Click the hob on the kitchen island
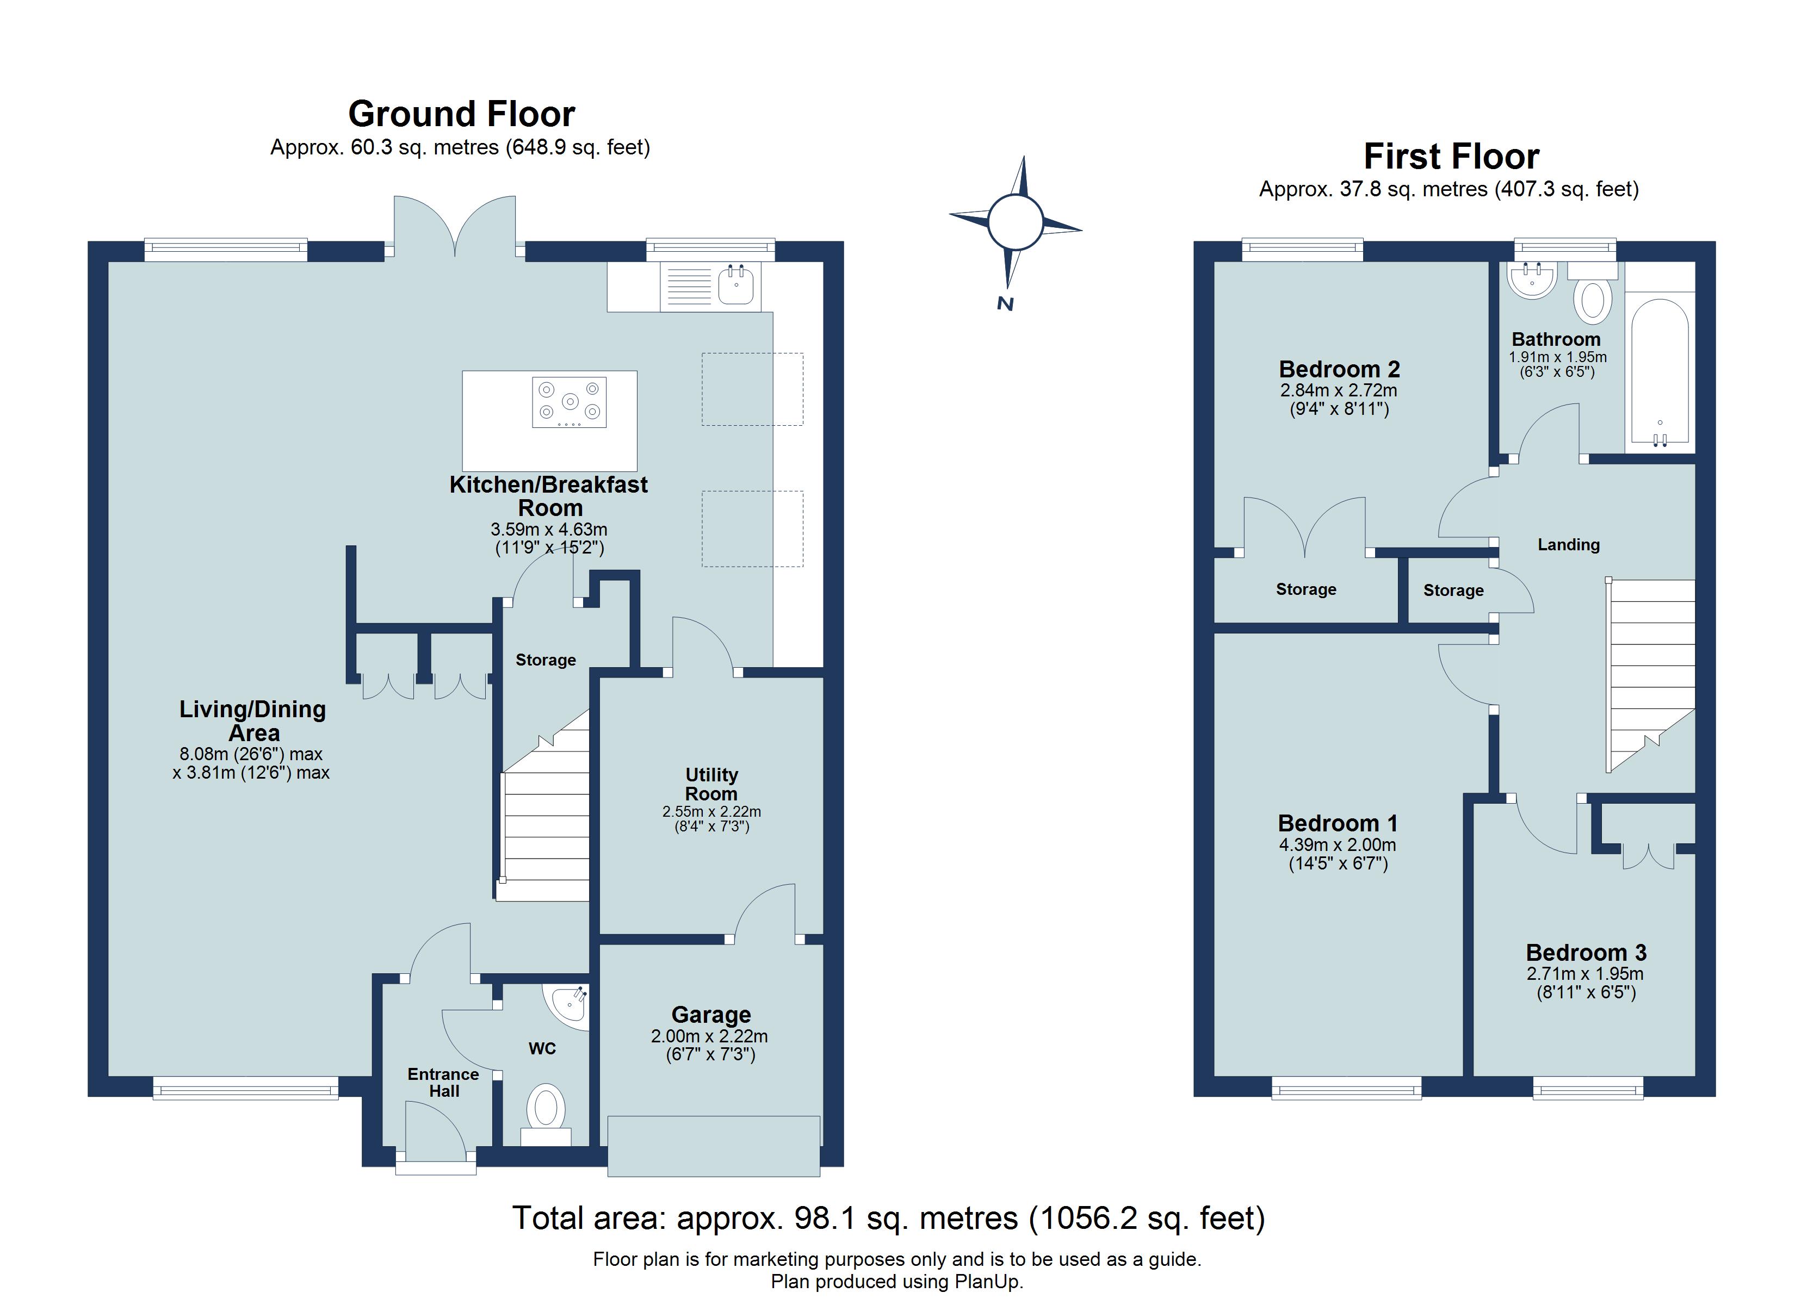pos(569,402)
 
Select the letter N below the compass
pos(1005,304)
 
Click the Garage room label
pos(711,1015)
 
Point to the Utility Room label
pos(711,784)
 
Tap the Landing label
pos(1568,544)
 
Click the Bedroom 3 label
pos(1585,952)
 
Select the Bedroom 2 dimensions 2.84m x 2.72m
pos(1338,390)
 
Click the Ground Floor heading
pos(461,114)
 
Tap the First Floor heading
pos(1451,157)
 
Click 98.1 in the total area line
pos(825,1218)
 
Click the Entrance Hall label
pos(443,1082)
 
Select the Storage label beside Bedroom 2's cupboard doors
pos(1306,589)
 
